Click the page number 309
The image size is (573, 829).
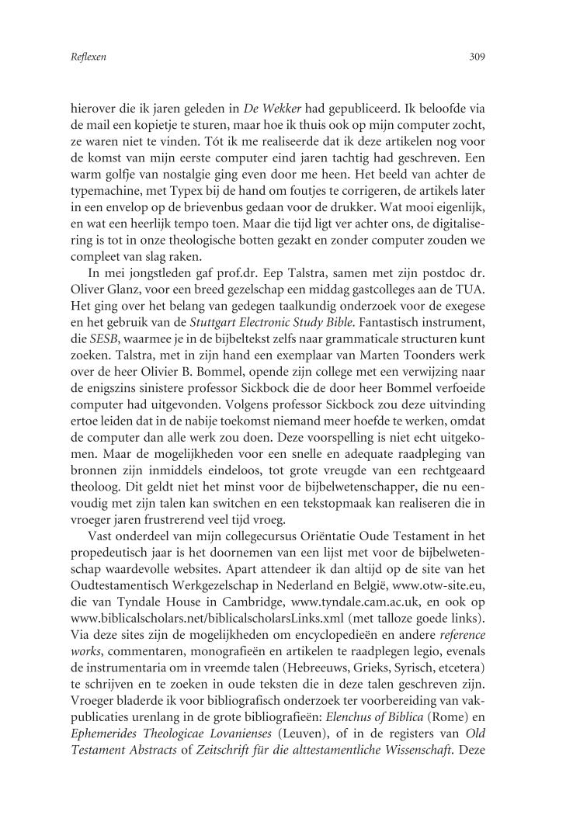(x=477, y=57)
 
